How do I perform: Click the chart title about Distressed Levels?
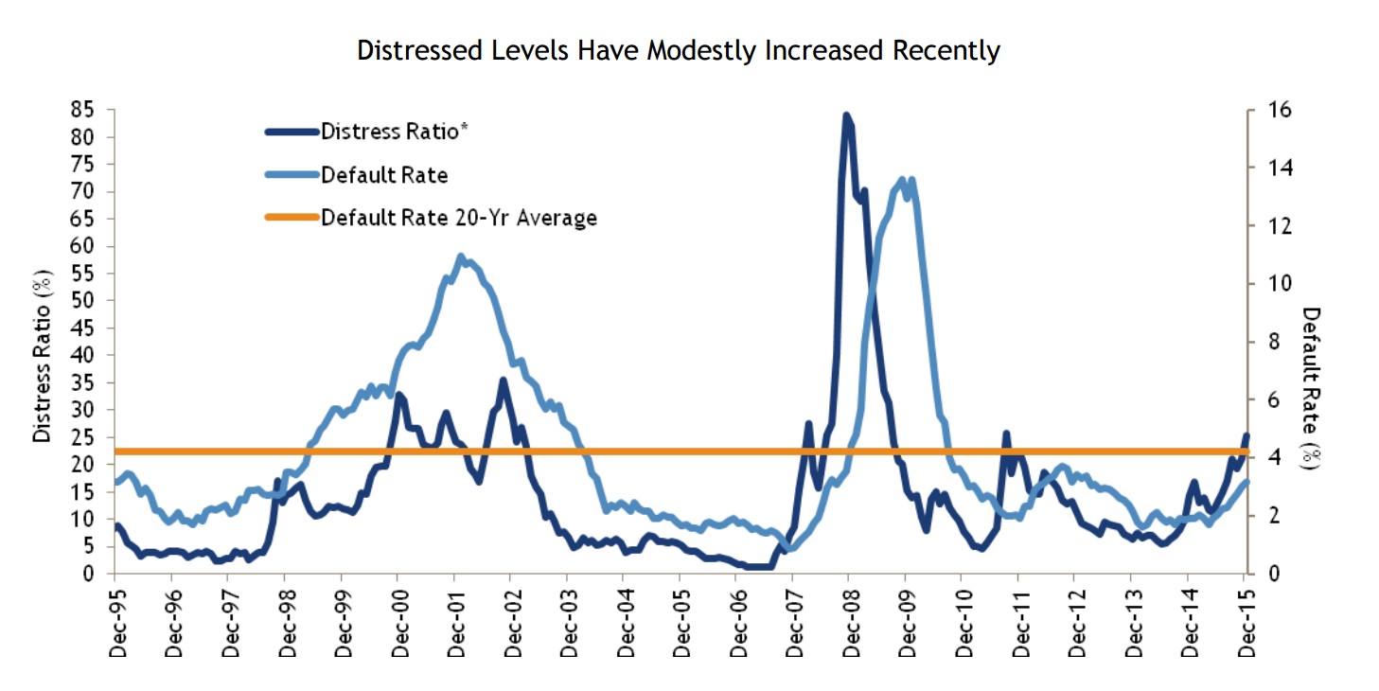tap(678, 50)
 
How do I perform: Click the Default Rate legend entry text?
tap(384, 174)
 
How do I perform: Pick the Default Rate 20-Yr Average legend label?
tap(459, 218)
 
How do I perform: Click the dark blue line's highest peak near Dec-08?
tap(846, 115)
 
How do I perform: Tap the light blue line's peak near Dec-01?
tap(460, 256)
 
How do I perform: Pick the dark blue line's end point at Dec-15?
tap(1246, 435)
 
